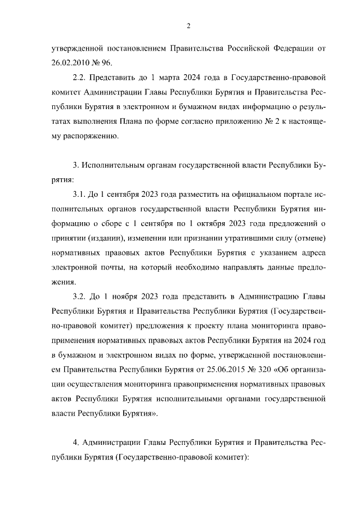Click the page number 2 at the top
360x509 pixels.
tap(188, 25)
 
